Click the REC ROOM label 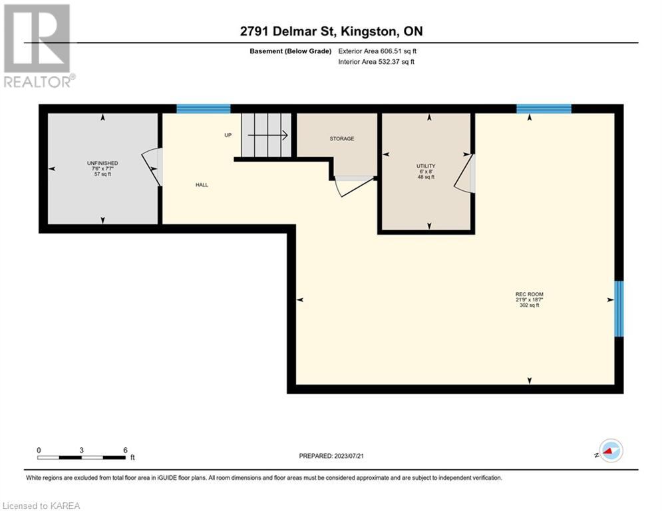pos(529,294)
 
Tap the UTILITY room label pos(426,166)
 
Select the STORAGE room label pos(342,138)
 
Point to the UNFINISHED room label pos(102,163)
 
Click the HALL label pos(202,185)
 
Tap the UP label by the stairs pos(228,135)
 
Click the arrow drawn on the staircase pos(267,135)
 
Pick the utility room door pos(464,174)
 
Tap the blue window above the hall pos(204,108)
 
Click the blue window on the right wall pos(619,309)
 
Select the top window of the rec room pos(544,108)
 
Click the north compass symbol pos(611,450)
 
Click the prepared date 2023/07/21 pos(349,456)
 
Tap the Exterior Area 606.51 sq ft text pos(377,51)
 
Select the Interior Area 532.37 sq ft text pos(376,62)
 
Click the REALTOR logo pos(38,46)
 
